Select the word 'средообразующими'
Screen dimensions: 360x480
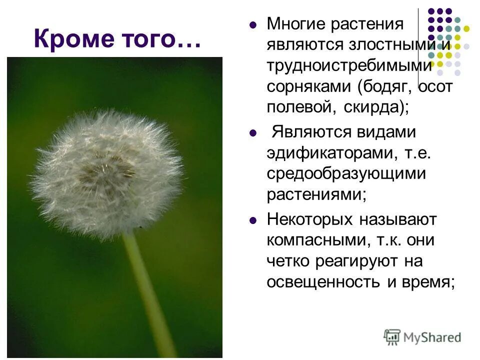(x=346, y=174)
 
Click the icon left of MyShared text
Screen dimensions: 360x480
(x=392, y=336)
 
